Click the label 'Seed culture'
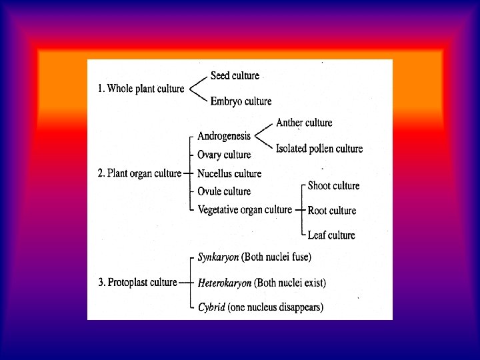pos(235,76)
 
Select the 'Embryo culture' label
pos(241,101)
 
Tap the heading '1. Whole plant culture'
pos(141,89)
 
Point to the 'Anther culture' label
pos(304,123)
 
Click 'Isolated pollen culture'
pos(319,149)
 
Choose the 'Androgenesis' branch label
pos(224,137)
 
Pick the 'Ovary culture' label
pos(224,155)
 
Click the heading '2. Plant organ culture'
pos(139,173)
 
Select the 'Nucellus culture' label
pos(229,173)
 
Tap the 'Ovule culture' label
pos(224,191)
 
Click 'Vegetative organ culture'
pos(245,210)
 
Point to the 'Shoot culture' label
pos(333,186)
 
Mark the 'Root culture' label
pos(331,211)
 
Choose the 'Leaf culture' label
pos(331,235)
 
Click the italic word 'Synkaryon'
pos(218,257)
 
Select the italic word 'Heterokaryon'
pos(225,283)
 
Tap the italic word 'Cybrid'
pos(211,307)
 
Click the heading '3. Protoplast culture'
pos(137,283)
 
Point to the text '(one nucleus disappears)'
pos(275,307)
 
